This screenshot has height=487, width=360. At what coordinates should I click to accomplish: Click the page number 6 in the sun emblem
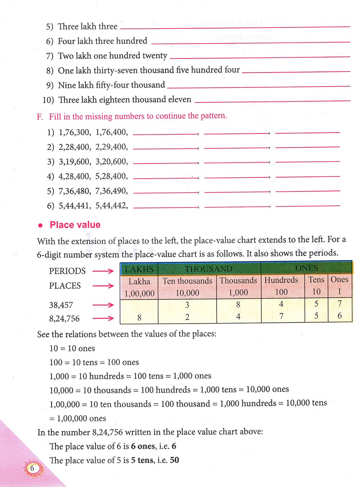click(32, 469)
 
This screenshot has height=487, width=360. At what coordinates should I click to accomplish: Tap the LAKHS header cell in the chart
click(139, 269)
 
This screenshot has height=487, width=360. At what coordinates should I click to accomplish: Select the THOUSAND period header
click(209, 269)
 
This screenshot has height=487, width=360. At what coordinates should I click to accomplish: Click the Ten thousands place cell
click(187, 287)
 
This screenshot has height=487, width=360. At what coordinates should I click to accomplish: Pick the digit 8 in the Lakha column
click(139, 318)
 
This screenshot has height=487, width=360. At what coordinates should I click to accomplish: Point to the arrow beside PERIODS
click(103, 271)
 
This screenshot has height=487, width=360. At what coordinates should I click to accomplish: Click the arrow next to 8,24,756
click(103, 318)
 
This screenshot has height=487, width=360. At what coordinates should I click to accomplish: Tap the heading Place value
click(75, 225)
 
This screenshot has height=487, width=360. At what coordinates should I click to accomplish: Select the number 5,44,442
click(111, 206)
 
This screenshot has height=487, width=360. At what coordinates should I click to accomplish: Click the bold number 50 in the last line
click(174, 460)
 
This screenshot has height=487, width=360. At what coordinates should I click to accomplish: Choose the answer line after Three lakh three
click(235, 27)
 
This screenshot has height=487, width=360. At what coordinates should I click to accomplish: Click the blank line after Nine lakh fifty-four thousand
click(258, 87)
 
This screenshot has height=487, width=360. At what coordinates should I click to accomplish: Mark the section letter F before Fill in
click(40, 117)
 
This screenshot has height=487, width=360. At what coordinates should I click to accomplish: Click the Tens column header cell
click(316, 286)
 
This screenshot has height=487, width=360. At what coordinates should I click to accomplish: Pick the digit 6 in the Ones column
click(339, 316)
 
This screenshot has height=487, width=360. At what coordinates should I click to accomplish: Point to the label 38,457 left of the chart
click(61, 305)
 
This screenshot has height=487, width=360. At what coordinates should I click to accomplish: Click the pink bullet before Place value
click(41, 226)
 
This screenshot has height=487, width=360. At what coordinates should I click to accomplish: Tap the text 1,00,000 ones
click(81, 418)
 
